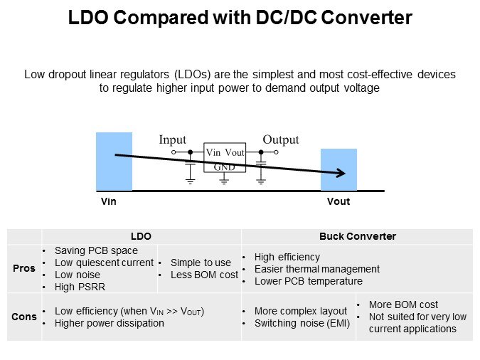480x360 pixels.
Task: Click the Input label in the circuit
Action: tap(172, 140)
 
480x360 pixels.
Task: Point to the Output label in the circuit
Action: tap(281, 140)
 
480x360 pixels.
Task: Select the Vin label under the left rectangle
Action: tap(108, 202)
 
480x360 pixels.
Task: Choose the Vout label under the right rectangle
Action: tap(338, 202)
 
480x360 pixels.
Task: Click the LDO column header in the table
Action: tap(141, 236)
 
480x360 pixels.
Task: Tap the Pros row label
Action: tap(24, 269)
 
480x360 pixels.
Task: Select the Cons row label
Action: tap(24, 317)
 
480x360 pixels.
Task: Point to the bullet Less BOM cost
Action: tap(204, 275)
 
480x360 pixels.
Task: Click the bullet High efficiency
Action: tap(287, 257)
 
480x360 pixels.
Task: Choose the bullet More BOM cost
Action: tap(403, 305)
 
